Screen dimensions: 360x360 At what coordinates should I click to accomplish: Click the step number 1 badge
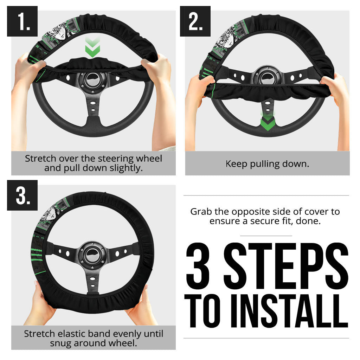click(22, 21)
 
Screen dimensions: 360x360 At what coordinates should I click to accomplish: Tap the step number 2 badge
click(195, 21)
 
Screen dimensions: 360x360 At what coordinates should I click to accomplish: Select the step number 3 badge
click(22, 195)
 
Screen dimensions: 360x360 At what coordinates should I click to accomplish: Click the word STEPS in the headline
click(286, 266)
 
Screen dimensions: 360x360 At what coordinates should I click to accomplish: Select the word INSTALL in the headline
click(290, 311)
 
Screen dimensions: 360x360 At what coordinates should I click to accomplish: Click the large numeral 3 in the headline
click(198, 266)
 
